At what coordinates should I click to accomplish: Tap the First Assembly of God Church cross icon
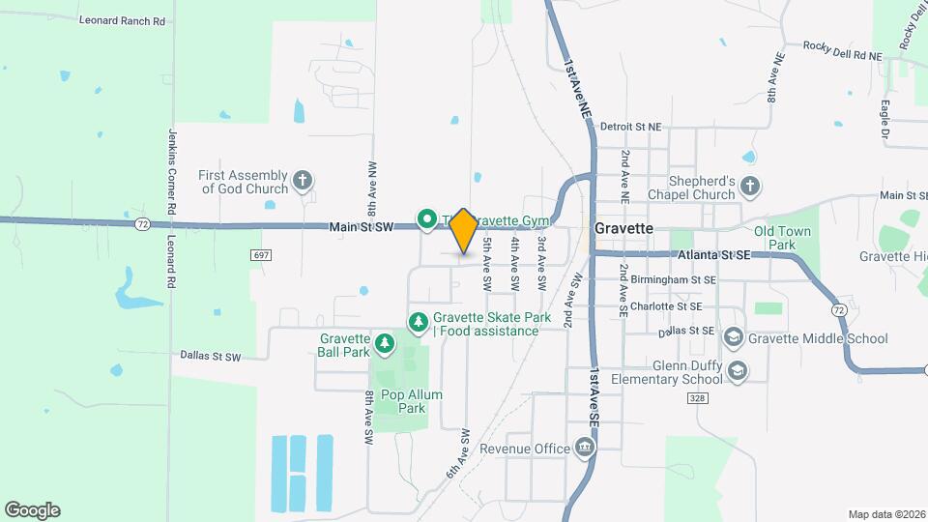tap(303, 181)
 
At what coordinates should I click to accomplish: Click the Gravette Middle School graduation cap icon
tap(734, 337)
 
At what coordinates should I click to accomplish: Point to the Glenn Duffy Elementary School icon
tap(738, 371)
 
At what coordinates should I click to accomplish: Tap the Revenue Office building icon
tap(585, 448)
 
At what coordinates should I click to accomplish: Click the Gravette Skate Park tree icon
tap(419, 322)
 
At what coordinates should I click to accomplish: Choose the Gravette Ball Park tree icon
tap(385, 343)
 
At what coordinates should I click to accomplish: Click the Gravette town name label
tap(623, 229)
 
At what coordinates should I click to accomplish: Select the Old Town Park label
tap(782, 238)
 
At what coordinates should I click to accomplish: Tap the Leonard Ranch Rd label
tap(121, 19)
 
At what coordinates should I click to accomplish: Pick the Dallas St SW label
tap(210, 356)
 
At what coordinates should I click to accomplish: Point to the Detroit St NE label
tap(630, 127)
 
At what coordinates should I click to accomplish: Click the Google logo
tap(32, 509)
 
